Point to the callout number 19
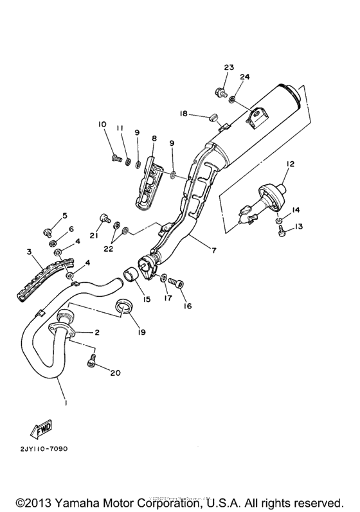(141, 332)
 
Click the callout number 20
(115, 373)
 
